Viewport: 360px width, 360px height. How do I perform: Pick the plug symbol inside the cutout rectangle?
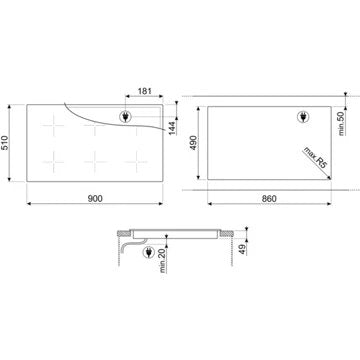[308, 118]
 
